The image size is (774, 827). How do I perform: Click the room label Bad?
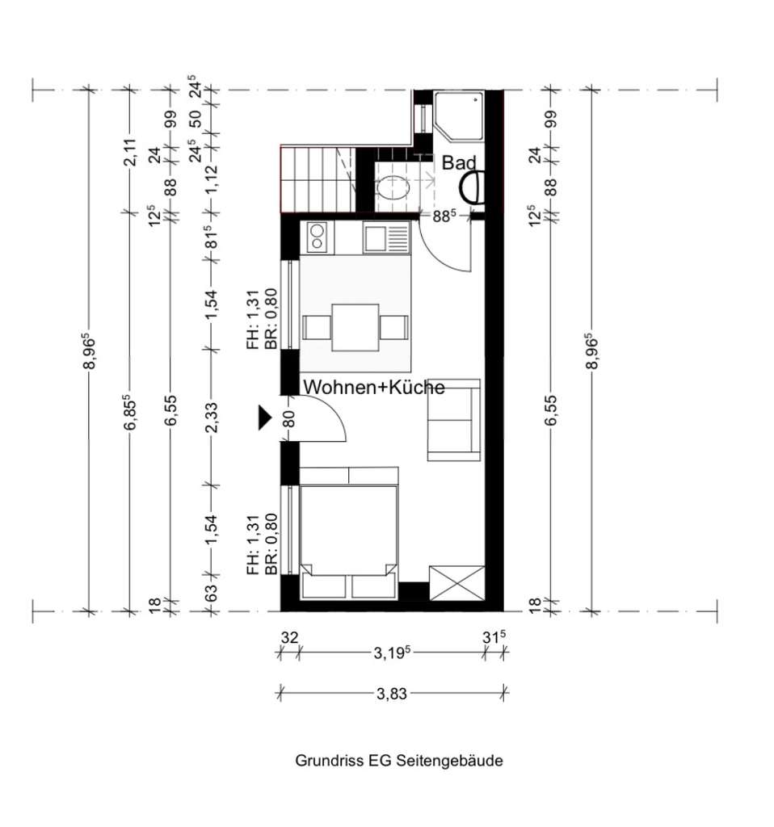[x=458, y=163]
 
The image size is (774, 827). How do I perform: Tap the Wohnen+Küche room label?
[x=373, y=388]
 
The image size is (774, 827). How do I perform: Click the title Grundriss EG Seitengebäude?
[x=398, y=761]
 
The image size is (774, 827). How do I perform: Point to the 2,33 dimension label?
[x=212, y=418]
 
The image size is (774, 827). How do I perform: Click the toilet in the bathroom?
[x=469, y=188]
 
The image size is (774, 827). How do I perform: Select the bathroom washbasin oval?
[x=397, y=188]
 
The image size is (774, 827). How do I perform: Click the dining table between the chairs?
[x=355, y=327]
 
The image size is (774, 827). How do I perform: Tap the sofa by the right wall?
[x=453, y=419]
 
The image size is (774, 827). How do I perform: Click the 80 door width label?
[x=289, y=418]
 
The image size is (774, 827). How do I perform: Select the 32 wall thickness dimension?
[x=288, y=638]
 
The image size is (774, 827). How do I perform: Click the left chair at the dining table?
[x=315, y=328]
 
